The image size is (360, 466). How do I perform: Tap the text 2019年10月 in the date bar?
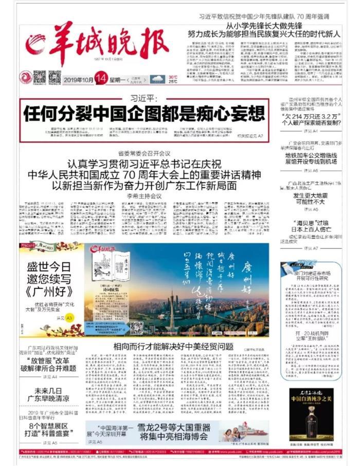point(78,79)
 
